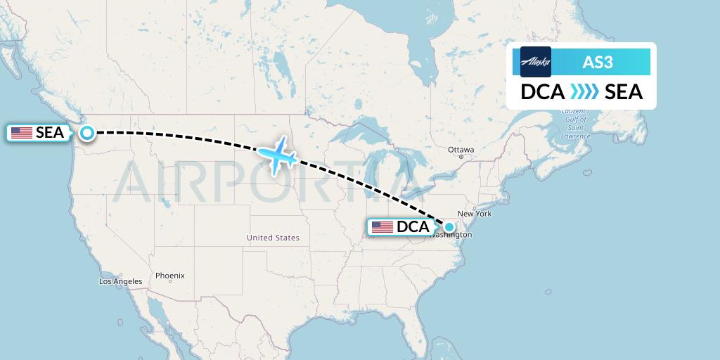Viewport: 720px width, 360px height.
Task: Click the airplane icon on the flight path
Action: pos(276,156)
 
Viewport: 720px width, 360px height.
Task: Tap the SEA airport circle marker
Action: pos(87,132)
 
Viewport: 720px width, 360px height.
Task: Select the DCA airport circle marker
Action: pos(449,227)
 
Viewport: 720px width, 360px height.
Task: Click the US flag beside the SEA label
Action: pos(22,132)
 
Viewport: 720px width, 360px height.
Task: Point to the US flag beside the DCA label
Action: pos(382,227)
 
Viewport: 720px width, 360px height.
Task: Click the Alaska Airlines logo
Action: pos(536,62)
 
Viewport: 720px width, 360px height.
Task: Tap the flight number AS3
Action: pos(598,62)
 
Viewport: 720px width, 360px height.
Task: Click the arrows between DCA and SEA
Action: pos(584,92)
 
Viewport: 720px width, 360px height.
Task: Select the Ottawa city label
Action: pos(461,150)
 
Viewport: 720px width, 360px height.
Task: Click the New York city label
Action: pos(475,213)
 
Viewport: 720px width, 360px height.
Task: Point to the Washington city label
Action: pos(451,235)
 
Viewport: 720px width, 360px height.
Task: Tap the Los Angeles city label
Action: pos(121,281)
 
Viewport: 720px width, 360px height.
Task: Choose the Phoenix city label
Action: pos(170,276)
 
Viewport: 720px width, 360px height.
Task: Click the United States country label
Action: pos(273,238)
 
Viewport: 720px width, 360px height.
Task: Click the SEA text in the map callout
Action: pos(50,132)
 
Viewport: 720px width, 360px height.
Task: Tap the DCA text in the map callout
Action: pos(413,227)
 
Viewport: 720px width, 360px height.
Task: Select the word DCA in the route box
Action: pos(543,92)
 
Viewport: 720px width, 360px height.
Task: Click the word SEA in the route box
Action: pos(624,92)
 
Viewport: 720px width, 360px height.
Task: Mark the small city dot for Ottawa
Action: pos(461,156)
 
